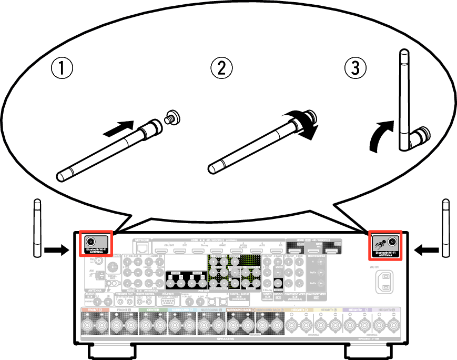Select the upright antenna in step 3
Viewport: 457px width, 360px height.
[x=405, y=100]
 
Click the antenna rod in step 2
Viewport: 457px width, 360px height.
[x=252, y=145]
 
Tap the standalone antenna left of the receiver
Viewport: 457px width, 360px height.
[x=37, y=228]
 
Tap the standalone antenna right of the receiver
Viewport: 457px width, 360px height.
[x=446, y=228]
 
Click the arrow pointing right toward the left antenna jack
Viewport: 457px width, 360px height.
[x=56, y=251]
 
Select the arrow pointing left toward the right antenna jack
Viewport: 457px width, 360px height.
[x=426, y=251]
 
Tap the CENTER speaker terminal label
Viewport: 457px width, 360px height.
[x=153, y=310]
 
